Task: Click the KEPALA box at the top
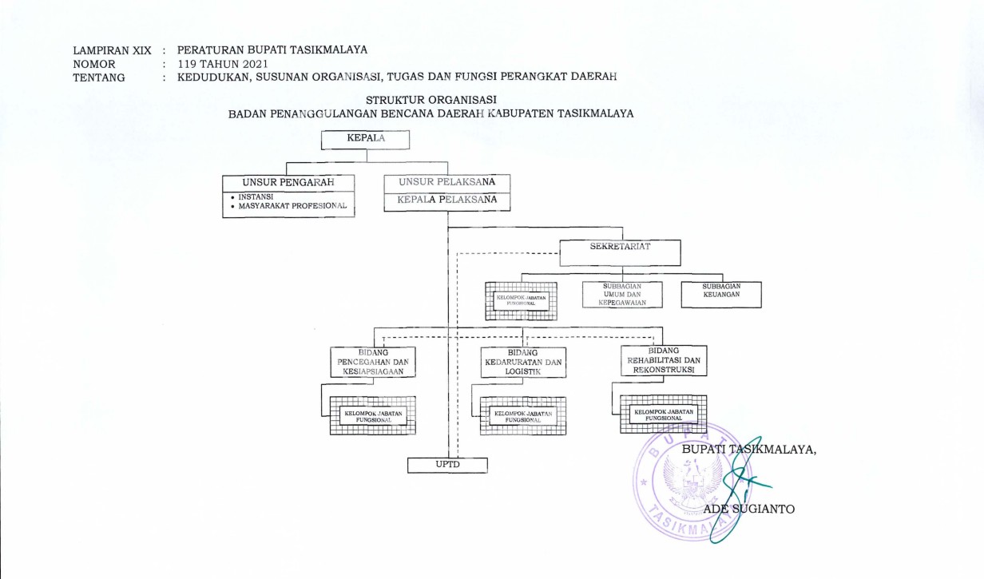click(x=365, y=139)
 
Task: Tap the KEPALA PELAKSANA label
click(x=446, y=200)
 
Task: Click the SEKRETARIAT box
click(x=620, y=252)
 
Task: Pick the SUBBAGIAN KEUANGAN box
click(x=720, y=294)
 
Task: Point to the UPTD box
click(x=447, y=464)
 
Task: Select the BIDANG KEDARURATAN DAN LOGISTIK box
click(x=523, y=361)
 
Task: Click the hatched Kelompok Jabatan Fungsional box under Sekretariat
click(x=521, y=300)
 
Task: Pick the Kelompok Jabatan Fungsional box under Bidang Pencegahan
click(x=373, y=415)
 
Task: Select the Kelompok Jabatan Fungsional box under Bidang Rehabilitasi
click(x=663, y=414)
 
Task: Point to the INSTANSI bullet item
click(x=256, y=196)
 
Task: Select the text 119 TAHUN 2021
click(x=223, y=64)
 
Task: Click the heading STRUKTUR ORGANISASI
click(x=431, y=100)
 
